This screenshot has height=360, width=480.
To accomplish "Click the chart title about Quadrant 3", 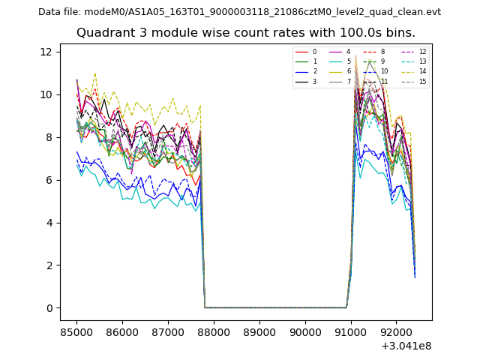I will (245, 33).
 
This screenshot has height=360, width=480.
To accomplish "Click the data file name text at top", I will (239, 12).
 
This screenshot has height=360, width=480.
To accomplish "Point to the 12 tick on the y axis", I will (46, 52).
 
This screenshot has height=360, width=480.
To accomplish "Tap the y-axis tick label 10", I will (46, 94).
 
